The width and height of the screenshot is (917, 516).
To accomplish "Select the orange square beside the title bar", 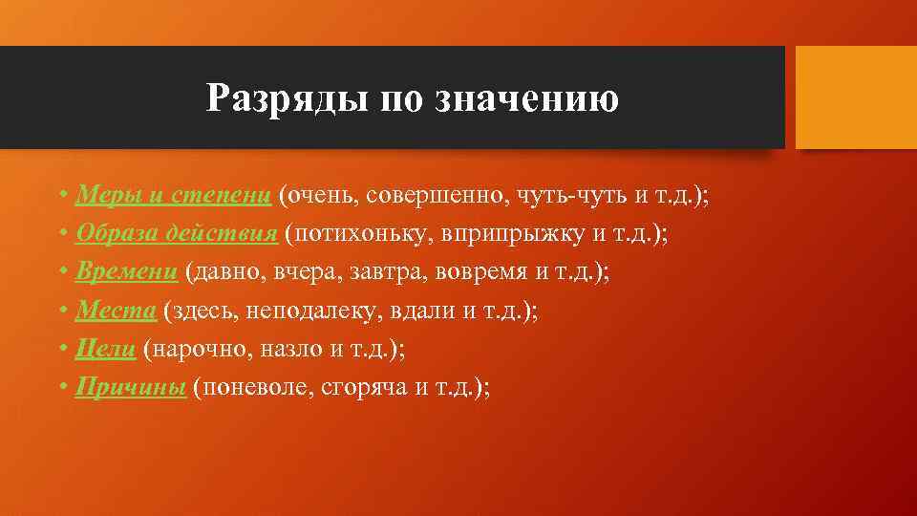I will (856, 97).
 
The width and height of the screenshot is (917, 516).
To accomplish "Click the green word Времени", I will (127, 272).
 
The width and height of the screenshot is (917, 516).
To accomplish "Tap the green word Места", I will (116, 311).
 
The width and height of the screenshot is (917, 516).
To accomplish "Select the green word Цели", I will (106, 349).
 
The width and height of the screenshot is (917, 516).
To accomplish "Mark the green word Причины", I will (130, 387).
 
